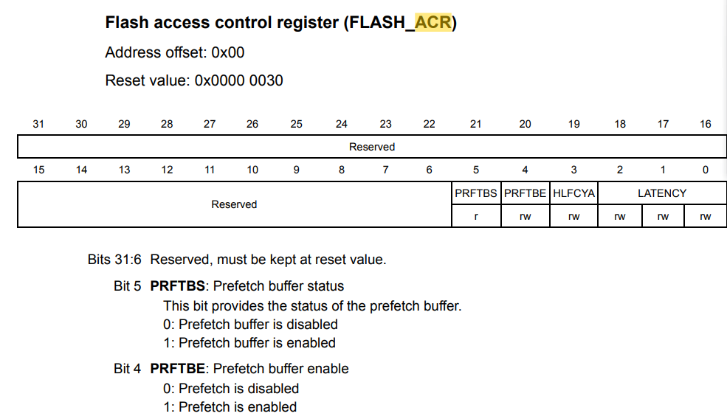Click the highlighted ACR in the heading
coord(433,23)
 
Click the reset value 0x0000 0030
coord(238,80)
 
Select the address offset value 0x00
coord(227,52)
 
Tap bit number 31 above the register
coord(38,124)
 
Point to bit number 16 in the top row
coord(706,124)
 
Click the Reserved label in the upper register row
coord(372,147)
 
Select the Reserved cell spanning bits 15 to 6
coord(234,204)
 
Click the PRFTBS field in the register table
coord(476,193)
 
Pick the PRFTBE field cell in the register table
coord(525,193)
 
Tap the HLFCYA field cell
coord(573,193)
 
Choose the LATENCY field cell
coord(662,193)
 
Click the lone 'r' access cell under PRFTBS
coord(476,216)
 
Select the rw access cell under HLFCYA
coord(573,216)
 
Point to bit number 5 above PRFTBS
coord(476,170)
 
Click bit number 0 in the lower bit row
coord(706,170)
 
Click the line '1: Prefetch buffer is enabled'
coord(249,343)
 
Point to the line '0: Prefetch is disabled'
coord(231,389)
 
